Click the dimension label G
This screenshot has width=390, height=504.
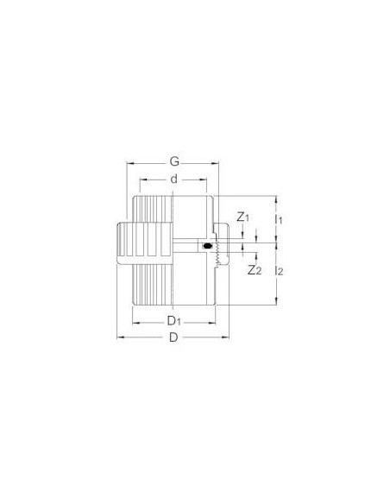point(175,161)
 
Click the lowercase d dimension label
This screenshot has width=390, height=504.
point(173,179)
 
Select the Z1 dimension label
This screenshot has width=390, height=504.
point(242,217)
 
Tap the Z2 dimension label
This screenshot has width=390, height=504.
point(253,270)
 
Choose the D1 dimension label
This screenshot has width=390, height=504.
point(173,321)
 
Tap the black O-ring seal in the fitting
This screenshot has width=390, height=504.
point(208,249)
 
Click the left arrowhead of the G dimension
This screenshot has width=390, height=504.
point(130,161)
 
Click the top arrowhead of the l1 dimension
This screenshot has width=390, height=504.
point(275,197)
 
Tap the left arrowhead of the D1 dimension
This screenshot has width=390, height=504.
point(131,321)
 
